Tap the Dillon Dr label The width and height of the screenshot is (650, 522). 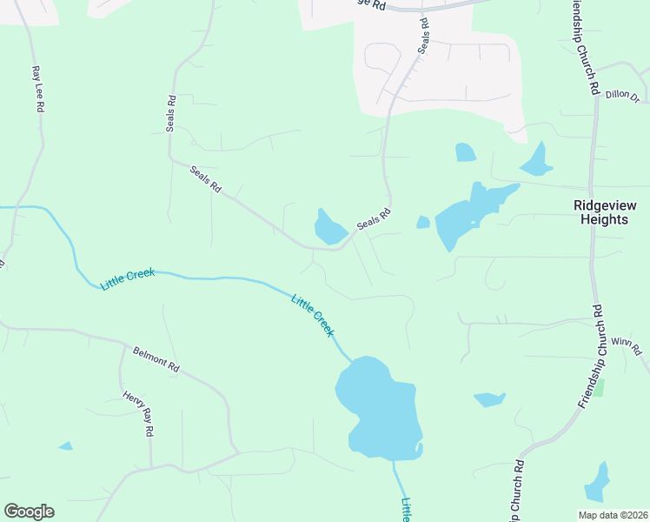click(622, 96)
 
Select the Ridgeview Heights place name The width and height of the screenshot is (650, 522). click(606, 212)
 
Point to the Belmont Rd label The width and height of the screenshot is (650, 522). click(156, 359)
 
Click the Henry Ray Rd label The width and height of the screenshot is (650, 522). click(138, 413)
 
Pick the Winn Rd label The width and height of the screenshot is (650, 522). click(626, 345)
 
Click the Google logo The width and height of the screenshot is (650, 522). click(29, 512)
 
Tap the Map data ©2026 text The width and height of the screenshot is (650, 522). click(613, 514)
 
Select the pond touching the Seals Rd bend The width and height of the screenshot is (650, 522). click(330, 228)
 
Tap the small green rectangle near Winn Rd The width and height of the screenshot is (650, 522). click(598, 388)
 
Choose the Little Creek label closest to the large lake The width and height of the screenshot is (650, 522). click(313, 316)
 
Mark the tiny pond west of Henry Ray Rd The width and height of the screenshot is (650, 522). click(66, 446)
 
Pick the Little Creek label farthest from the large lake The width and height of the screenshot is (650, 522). click(128, 278)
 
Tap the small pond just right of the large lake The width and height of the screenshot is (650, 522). click(489, 399)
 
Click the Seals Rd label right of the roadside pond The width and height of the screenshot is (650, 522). click(374, 219)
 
